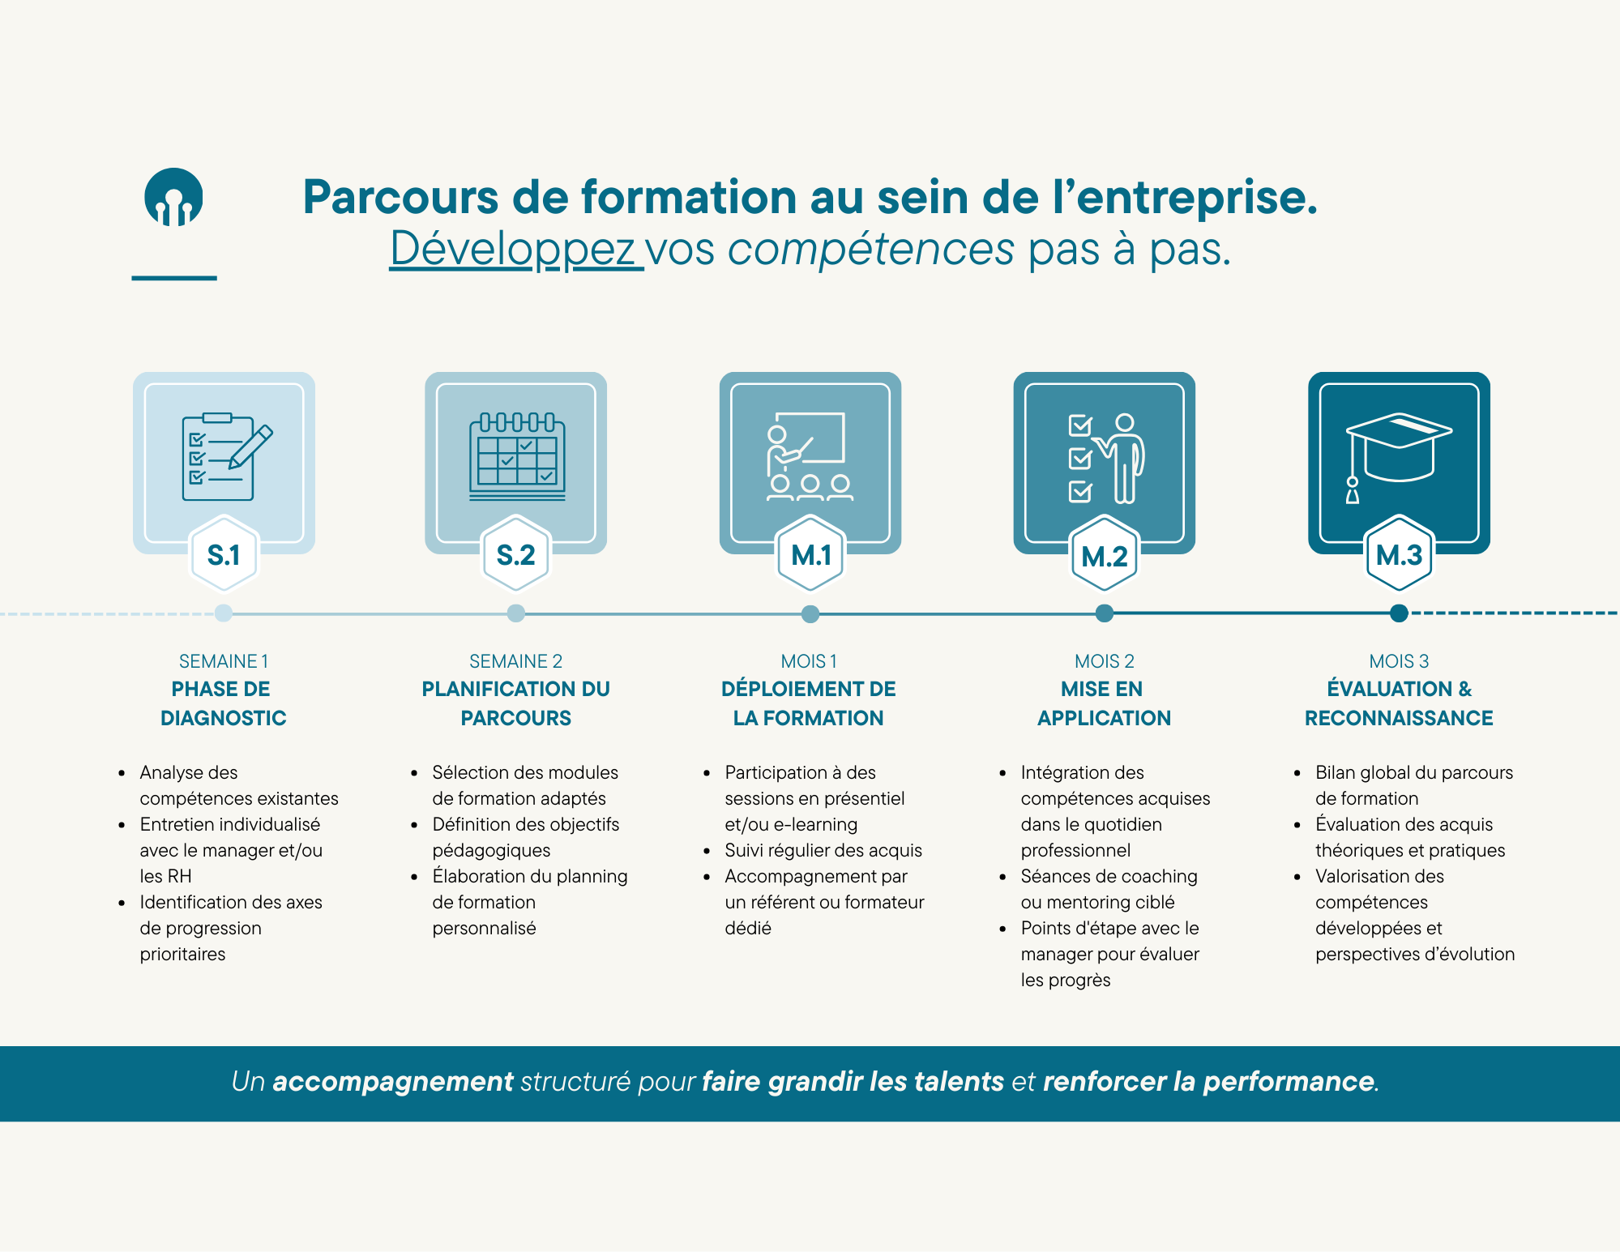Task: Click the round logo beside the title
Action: click(x=173, y=197)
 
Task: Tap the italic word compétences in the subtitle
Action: click(x=870, y=248)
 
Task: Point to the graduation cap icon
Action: click(x=1398, y=454)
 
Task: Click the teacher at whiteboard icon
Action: click(x=809, y=457)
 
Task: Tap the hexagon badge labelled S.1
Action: click(x=224, y=555)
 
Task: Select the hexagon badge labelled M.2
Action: click(x=1104, y=556)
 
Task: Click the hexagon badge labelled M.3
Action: click(x=1399, y=555)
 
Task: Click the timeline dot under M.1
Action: click(x=810, y=613)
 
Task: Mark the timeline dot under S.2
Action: click(x=516, y=613)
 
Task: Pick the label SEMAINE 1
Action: click(x=224, y=661)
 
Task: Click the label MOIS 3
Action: click(x=1399, y=661)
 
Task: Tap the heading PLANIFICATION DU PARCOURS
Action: click(x=516, y=703)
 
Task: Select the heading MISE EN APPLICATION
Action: click(x=1104, y=703)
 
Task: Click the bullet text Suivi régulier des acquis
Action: click(x=823, y=850)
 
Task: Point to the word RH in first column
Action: click(x=179, y=876)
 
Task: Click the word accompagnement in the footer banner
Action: click(x=392, y=1082)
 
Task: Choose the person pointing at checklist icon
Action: click(x=1105, y=458)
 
